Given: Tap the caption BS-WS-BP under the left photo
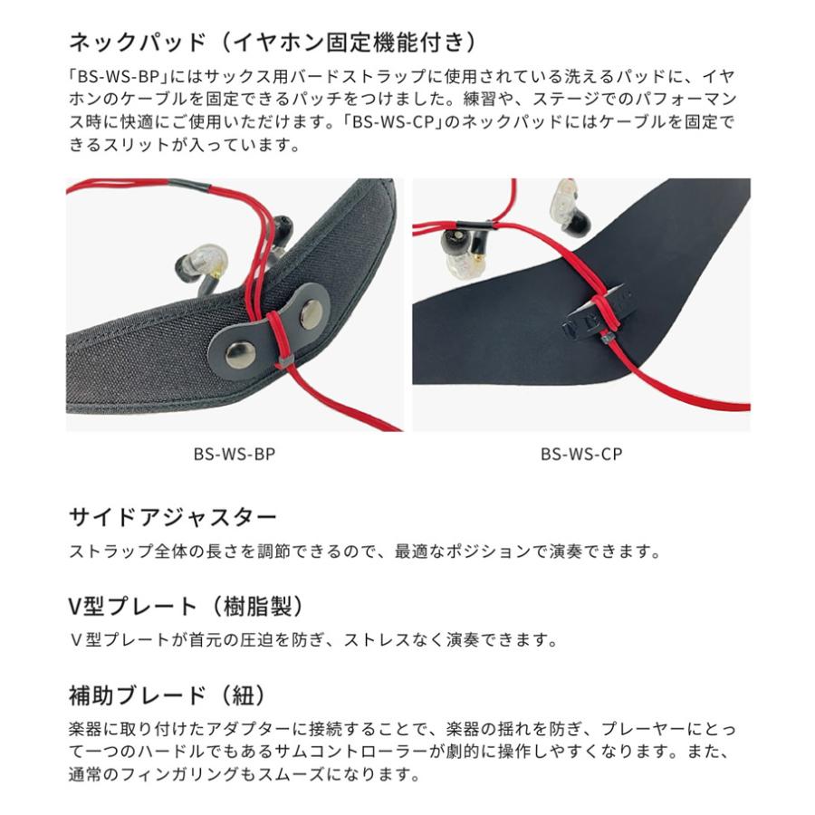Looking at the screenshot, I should pyautogui.click(x=235, y=455).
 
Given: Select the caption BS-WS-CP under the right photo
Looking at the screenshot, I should pyautogui.click(x=581, y=455).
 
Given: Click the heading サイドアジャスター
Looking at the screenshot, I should pyautogui.click(x=173, y=518).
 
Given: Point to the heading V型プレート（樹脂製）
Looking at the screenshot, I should pyautogui.click(x=185, y=606).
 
